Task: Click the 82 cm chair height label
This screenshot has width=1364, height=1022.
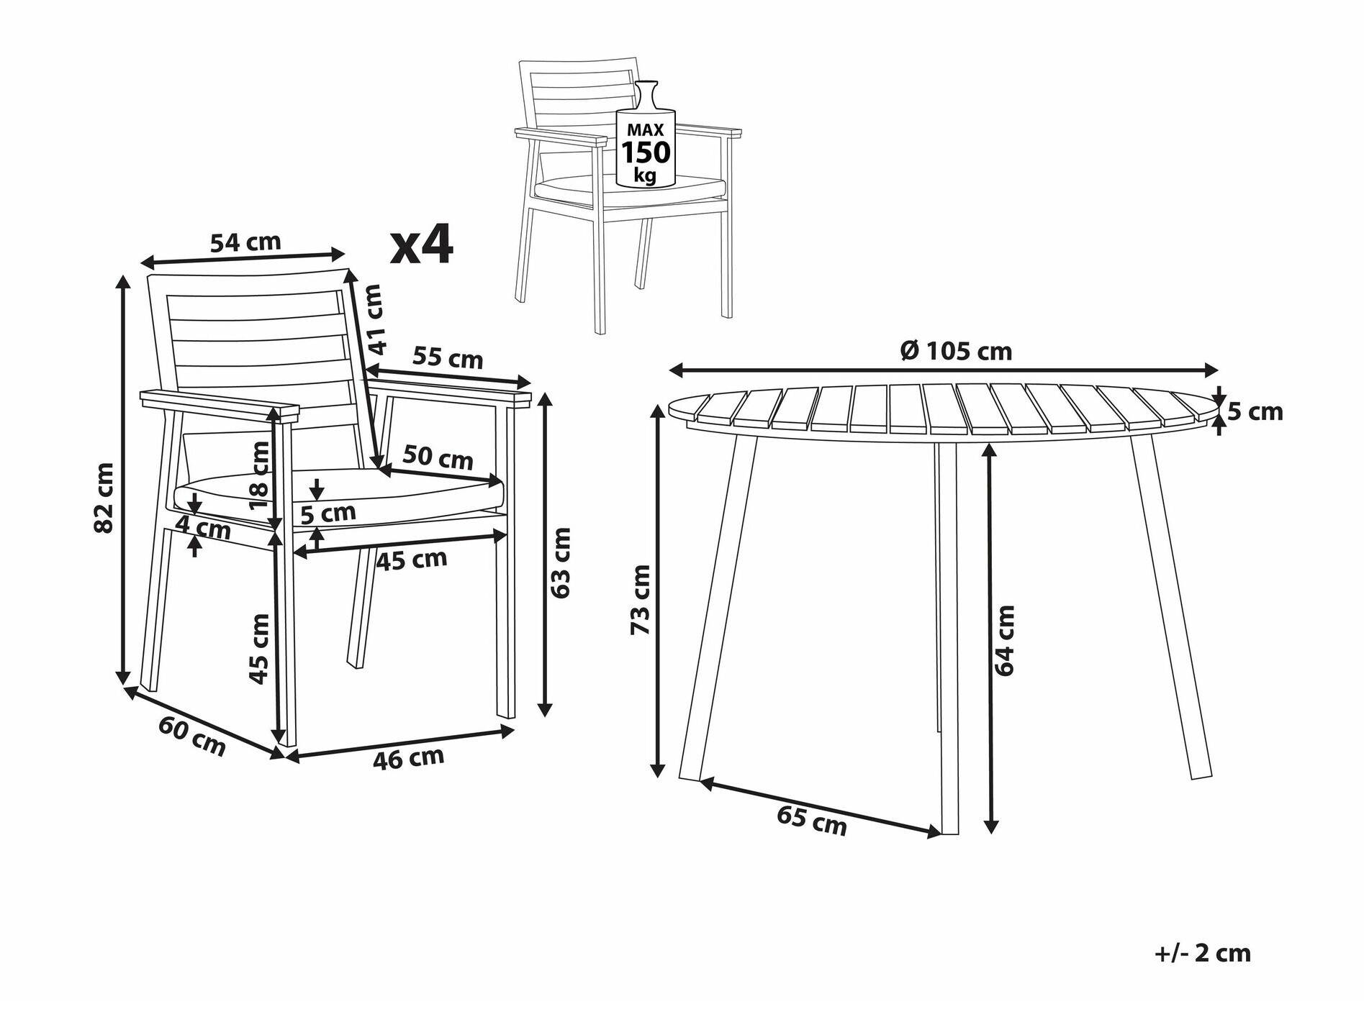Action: point(104,498)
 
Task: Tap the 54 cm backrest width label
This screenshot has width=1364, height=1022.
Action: point(245,242)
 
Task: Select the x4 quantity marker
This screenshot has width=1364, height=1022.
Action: point(422,245)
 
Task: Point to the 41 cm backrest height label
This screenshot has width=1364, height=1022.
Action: point(374,319)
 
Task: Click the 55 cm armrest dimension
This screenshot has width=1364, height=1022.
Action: point(448,357)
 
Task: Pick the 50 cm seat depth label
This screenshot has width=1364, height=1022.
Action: point(438,457)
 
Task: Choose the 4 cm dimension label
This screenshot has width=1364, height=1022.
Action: point(204,529)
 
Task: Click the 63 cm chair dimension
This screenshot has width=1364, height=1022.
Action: point(560,562)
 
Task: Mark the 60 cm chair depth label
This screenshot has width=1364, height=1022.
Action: point(192,736)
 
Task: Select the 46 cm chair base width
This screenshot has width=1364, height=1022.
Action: point(408,758)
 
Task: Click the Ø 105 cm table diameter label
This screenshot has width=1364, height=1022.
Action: point(957,351)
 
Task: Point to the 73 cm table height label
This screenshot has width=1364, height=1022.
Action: point(640,600)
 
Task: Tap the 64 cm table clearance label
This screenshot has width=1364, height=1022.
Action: point(1004,640)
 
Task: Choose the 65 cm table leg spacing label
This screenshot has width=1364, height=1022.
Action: point(812,821)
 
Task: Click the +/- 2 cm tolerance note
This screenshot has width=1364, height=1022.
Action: point(1203,953)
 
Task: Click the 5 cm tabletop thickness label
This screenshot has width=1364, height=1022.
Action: point(1255,411)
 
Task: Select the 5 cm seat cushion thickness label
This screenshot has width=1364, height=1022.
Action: point(328,514)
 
